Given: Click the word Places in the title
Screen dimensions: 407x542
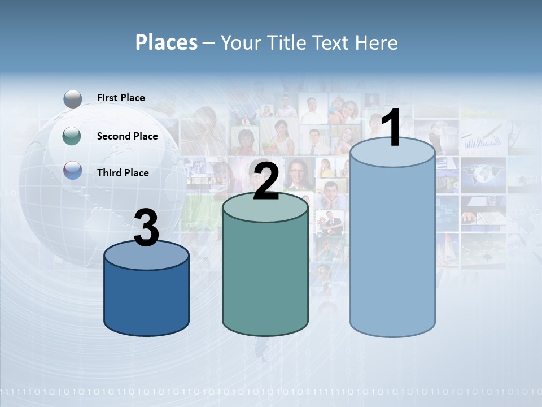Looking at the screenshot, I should [x=167, y=42].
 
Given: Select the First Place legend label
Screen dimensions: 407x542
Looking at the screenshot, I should [x=121, y=98].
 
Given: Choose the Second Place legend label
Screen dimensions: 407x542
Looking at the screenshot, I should [x=127, y=136].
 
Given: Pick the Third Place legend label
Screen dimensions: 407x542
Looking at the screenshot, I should [x=123, y=173].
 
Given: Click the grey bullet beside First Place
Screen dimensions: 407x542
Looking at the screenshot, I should [x=73, y=98].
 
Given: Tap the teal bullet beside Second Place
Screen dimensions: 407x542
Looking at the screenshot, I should [x=73, y=136].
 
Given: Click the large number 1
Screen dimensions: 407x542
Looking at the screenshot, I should [x=392, y=129].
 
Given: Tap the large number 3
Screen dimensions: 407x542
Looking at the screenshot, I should [x=146, y=228].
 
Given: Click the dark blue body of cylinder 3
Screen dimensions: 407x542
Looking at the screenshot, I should [x=146, y=300].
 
